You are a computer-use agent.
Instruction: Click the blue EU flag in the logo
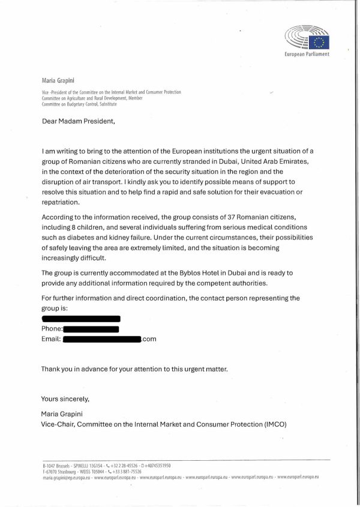point(319,41)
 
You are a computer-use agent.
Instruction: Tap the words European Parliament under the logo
point(307,55)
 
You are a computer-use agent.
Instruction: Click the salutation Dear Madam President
point(77,121)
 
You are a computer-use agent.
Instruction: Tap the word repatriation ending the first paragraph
point(60,202)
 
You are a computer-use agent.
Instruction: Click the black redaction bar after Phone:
point(91,329)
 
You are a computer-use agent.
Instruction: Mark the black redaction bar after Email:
point(101,339)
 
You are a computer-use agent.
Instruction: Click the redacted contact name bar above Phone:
point(81,319)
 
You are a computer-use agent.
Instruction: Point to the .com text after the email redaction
point(149,339)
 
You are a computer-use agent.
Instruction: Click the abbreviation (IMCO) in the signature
point(275,424)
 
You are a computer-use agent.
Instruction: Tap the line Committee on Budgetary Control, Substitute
point(79,104)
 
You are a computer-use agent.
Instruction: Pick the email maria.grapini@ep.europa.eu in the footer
point(65,477)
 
